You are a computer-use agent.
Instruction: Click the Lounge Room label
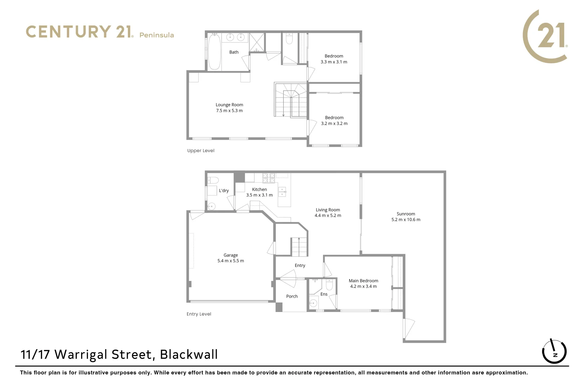(229, 105)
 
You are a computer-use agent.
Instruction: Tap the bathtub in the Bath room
(214, 52)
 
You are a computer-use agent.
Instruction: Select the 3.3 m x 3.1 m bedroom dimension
(334, 62)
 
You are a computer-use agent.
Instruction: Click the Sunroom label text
(406, 214)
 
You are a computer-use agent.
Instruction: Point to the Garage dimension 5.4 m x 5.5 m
(230, 261)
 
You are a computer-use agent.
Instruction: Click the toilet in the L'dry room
(213, 180)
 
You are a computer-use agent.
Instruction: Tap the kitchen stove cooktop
(268, 178)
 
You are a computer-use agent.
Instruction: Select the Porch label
(292, 296)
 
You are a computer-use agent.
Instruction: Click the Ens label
(324, 294)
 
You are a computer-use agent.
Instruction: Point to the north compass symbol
(554, 351)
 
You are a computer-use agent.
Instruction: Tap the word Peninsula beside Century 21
(156, 35)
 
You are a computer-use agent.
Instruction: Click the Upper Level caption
(200, 151)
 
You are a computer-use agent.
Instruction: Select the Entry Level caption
(199, 314)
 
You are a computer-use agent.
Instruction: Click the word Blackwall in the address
(189, 355)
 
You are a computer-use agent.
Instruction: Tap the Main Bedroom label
(363, 281)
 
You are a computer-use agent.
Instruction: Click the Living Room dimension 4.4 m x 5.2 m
(328, 216)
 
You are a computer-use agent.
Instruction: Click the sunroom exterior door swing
(409, 328)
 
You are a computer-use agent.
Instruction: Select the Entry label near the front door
(300, 265)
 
